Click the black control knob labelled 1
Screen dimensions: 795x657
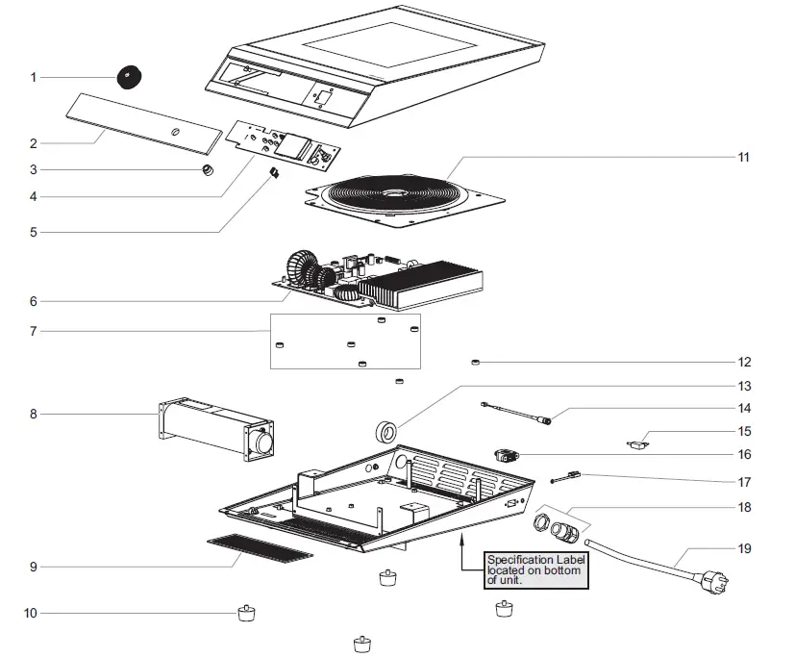129,77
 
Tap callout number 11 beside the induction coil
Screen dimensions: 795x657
743,157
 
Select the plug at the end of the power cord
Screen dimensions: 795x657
714,581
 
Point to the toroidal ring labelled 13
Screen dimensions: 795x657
386,432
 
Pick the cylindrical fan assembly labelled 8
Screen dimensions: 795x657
216,429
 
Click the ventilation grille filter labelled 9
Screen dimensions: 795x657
261,548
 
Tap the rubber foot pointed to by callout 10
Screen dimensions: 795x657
247,614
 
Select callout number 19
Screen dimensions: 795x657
744,548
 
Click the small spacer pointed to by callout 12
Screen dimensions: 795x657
475,363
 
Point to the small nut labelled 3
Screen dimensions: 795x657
208,169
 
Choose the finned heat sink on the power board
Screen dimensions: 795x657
421,284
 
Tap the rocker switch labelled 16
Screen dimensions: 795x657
506,455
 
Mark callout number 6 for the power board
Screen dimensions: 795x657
34,301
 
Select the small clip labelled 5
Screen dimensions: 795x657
274,173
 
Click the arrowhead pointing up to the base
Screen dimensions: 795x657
461,542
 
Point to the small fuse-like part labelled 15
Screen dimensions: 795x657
637,445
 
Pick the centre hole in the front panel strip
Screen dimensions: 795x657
175,133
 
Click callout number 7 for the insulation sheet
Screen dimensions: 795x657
34,331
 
